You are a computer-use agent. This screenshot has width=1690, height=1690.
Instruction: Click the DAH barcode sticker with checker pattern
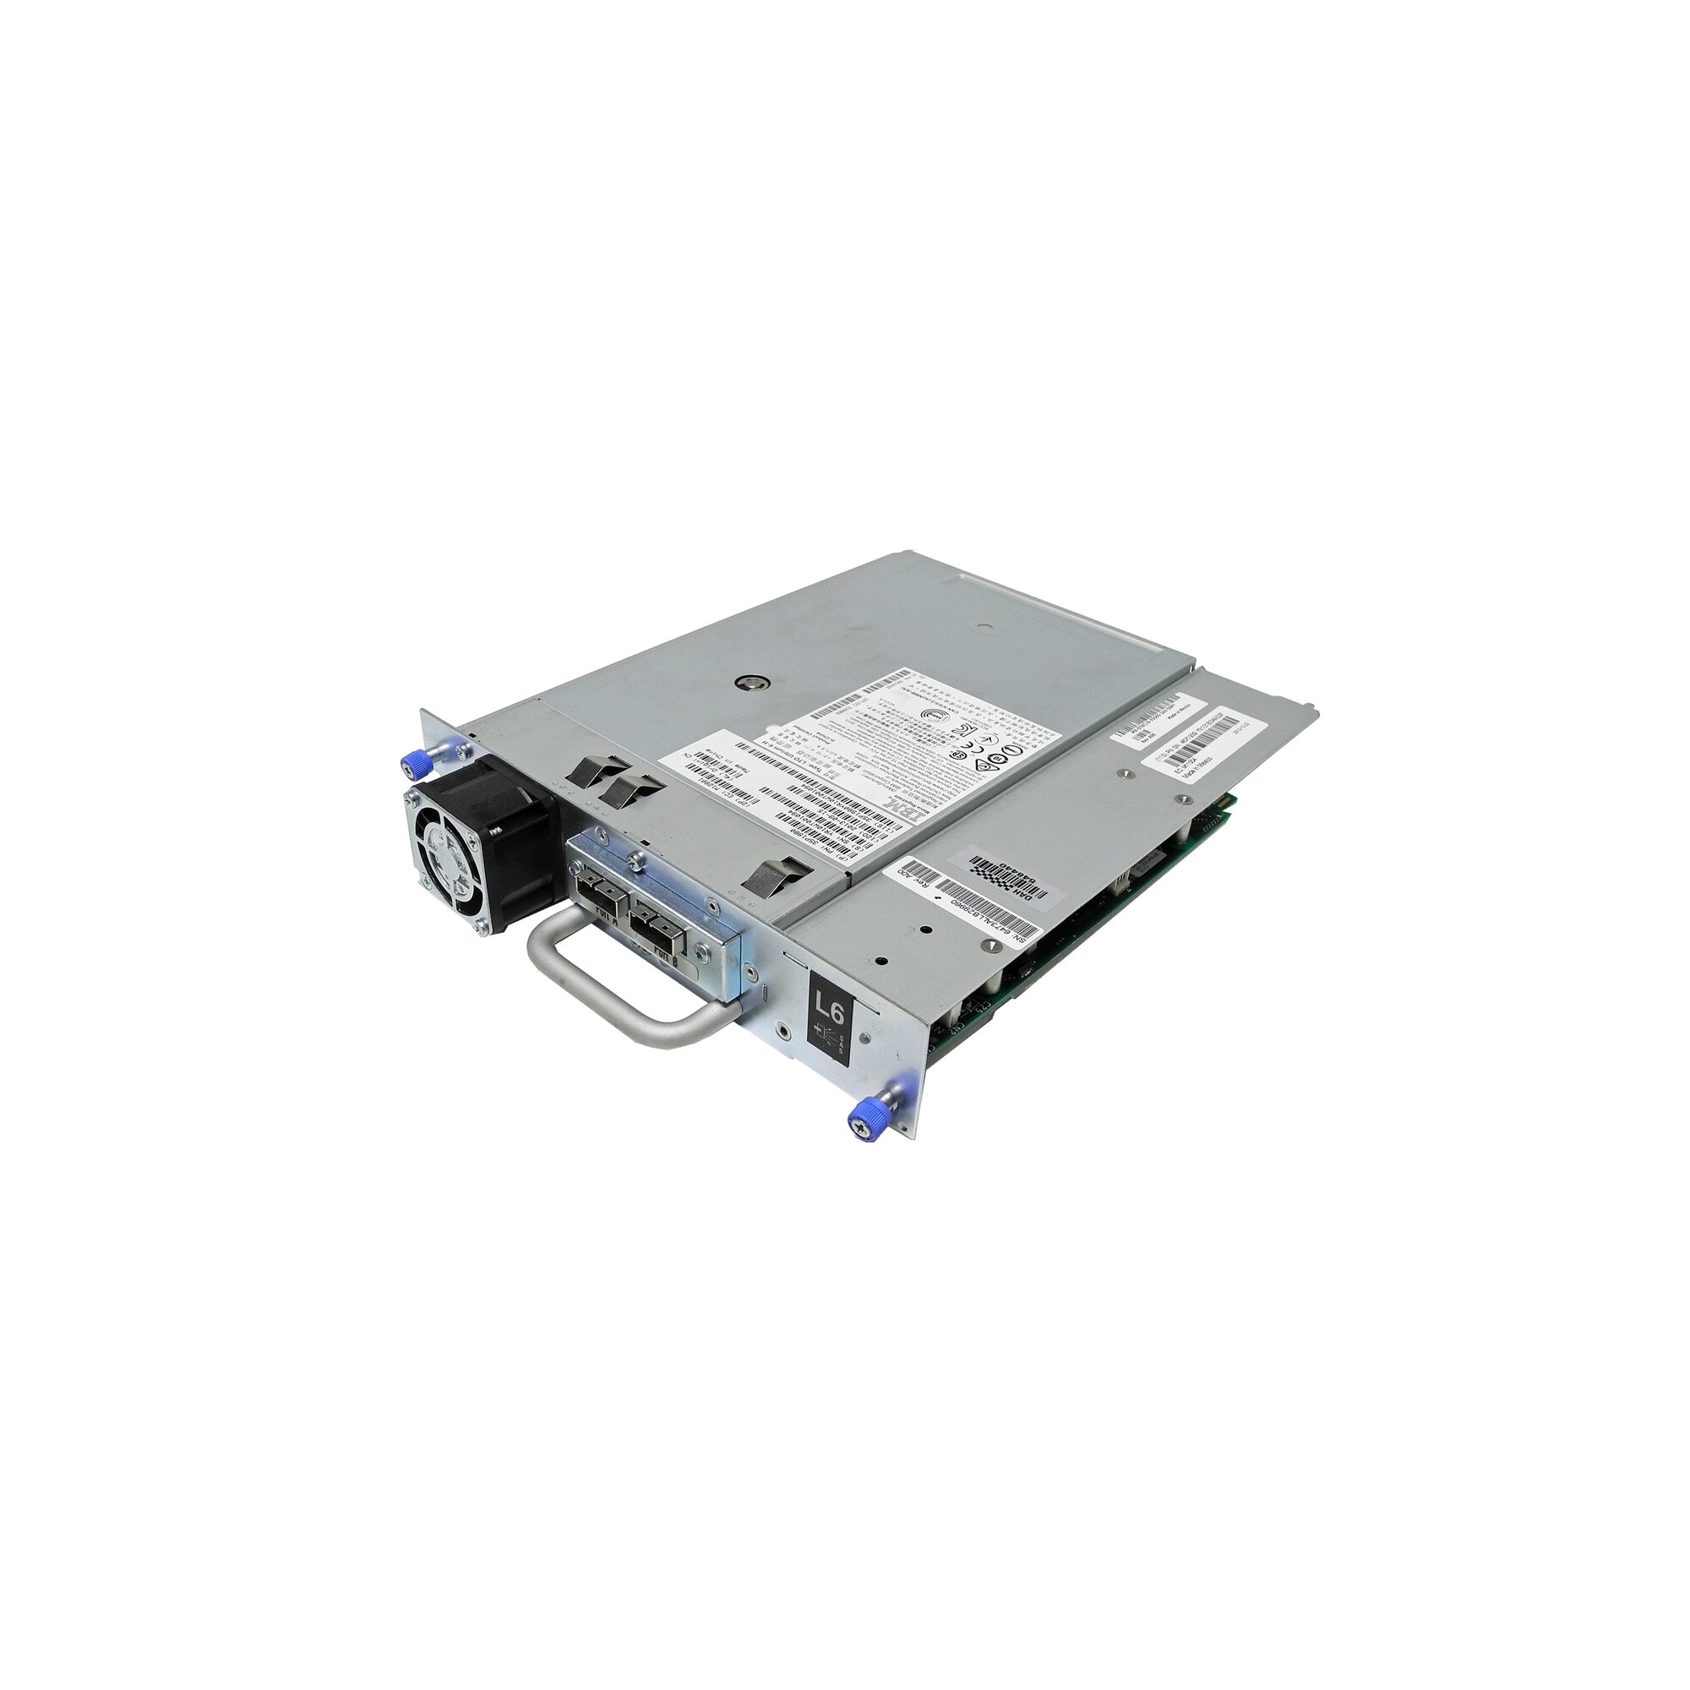click(1006, 874)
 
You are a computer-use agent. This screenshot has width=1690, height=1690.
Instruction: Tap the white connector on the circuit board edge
click(1137, 875)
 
